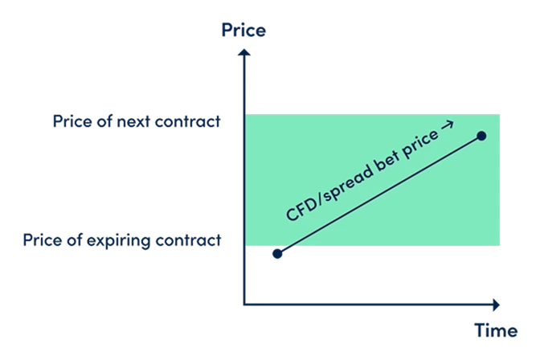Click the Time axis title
(x=495, y=330)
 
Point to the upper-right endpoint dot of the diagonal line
(x=481, y=136)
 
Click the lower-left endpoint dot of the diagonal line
(x=277, y=254)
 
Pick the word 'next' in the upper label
(x=137, y=122)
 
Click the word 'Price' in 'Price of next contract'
(x=72, y=122)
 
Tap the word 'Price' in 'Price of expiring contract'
(x=42, y=239)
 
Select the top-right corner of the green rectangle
(x=500, y=113)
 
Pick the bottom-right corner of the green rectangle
(x=500, y=246)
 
